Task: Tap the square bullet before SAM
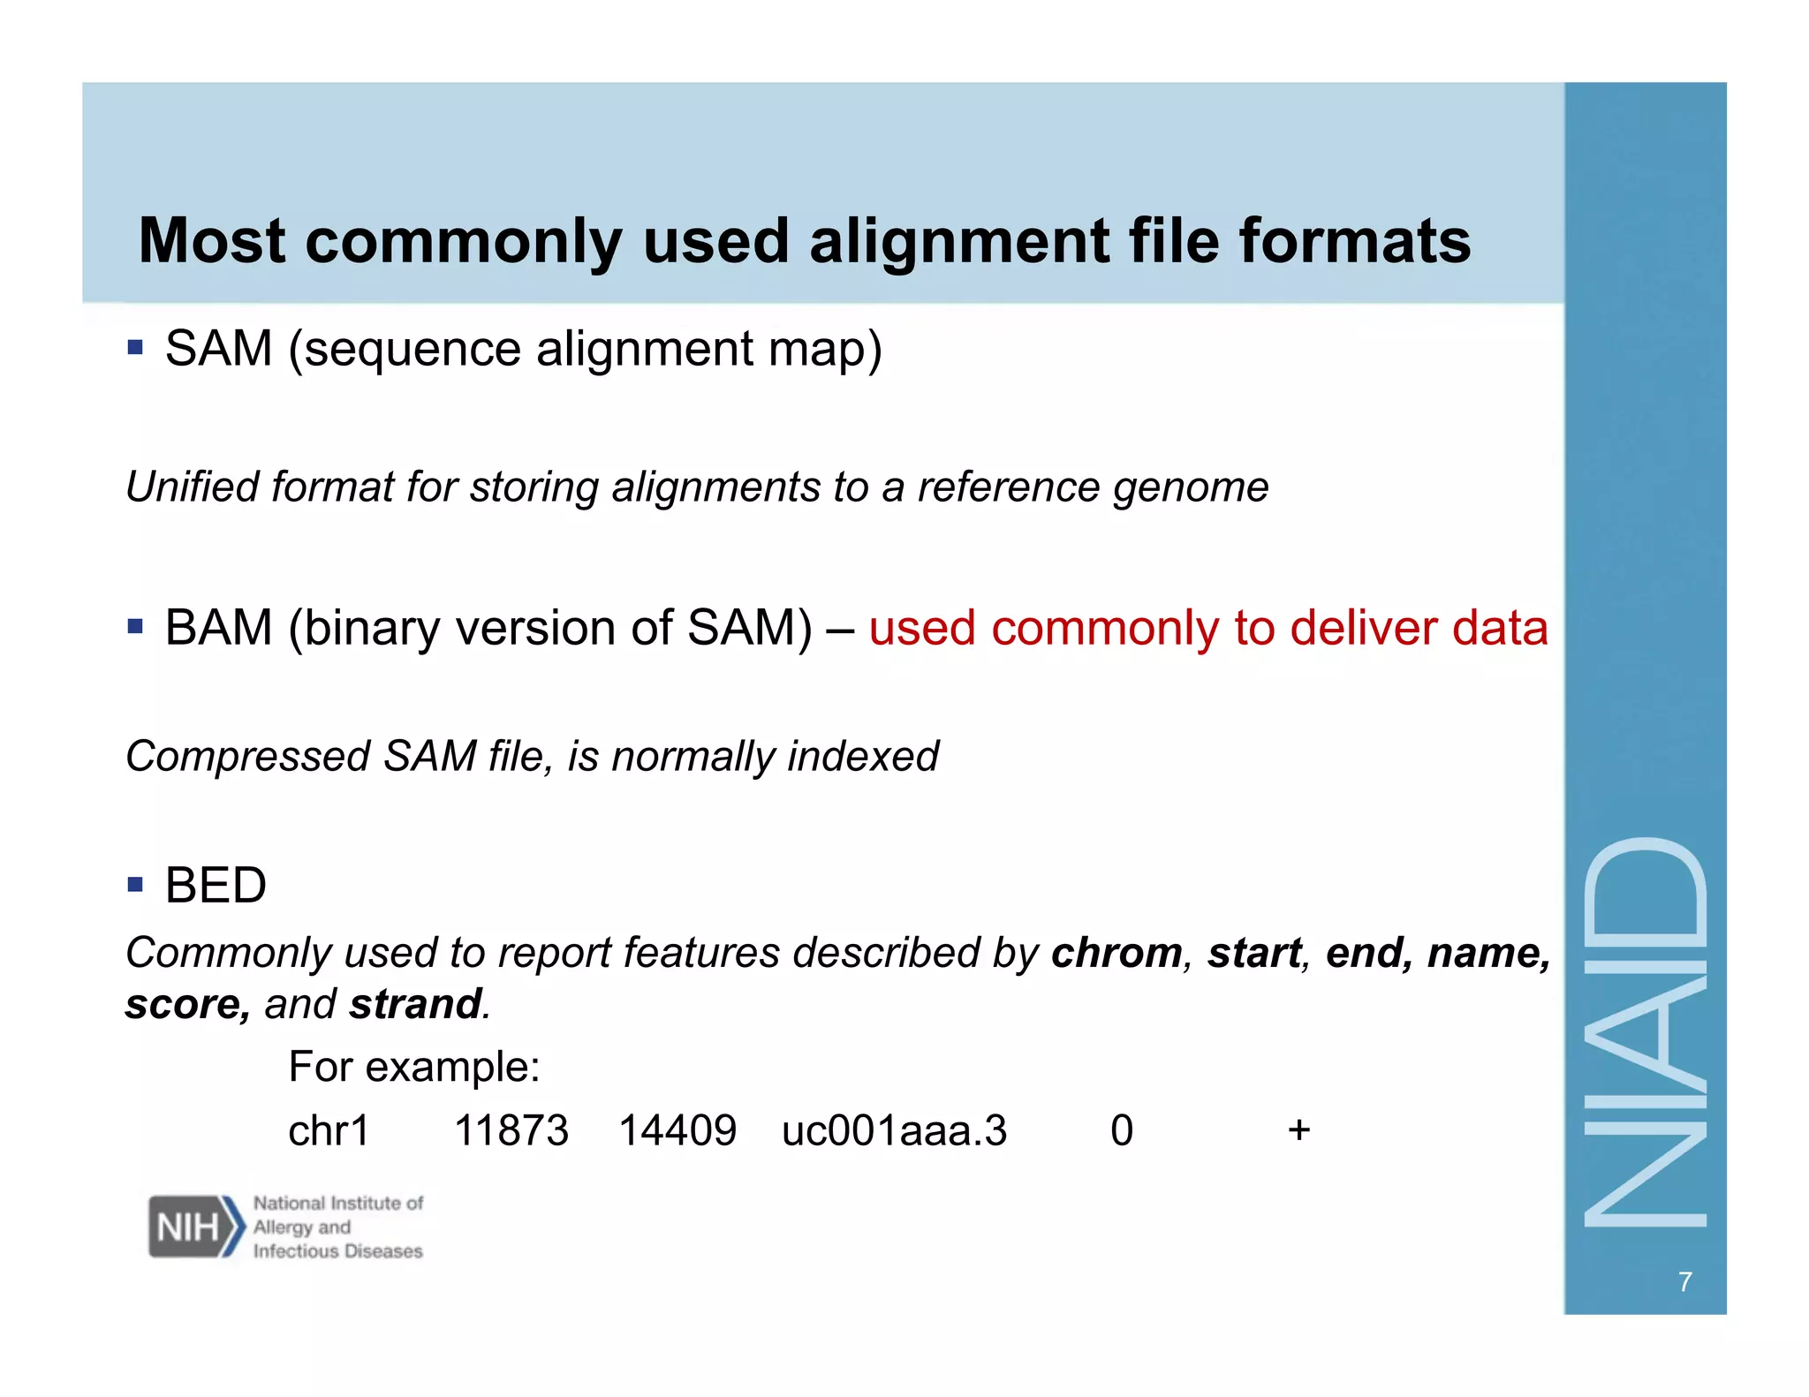(x=135, y=346)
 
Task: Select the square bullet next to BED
(x=135, y=884)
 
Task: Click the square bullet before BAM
(x=135, y=627)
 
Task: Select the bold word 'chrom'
(x=1116, y=953)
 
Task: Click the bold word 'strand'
(x=415, y=1004)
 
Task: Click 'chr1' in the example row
(x=329, y=1130)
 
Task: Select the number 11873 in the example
(x=511, y=1130)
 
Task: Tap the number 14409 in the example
(x=677, y=1130)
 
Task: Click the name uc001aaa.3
(x=894, y=1130)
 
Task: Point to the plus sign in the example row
(x=1298, y=1129)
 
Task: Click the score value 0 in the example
(x=1122, y=1130)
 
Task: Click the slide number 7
(x=1685, y=1281)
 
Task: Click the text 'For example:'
(x=414, y=1067)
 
